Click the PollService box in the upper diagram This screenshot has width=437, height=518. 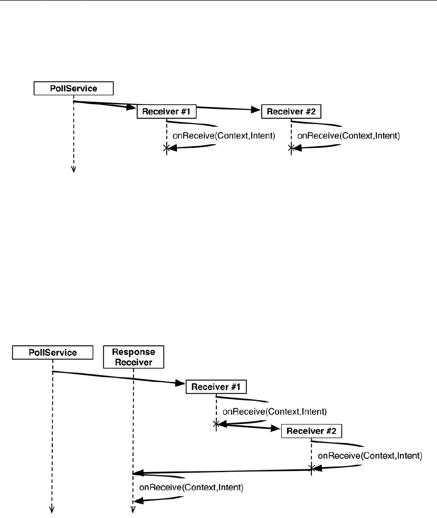[73, 88]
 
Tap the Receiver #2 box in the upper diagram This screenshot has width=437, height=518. [291, 111]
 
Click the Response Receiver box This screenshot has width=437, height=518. [134, 356]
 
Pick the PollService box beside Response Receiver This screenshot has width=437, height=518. [52, 352]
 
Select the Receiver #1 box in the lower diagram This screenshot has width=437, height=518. [216, 387]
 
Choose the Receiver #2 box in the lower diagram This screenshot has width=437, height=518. [311, 431]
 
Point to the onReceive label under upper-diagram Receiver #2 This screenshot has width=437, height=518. [349, 136]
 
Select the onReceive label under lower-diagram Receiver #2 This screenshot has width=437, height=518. [370, 455]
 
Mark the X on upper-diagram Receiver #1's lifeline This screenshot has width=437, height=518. [167, 149]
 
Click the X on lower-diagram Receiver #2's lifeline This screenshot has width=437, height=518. [311, 467]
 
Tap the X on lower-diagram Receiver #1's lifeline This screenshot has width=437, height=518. [216, 423]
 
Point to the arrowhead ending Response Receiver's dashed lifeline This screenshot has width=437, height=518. [133, 510]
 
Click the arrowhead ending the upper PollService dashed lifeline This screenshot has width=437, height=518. [73, 169]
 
